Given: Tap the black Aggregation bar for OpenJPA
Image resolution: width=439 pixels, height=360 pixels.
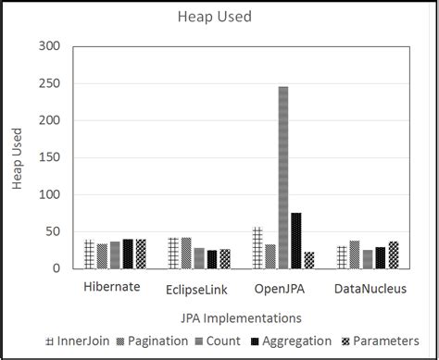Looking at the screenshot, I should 295,241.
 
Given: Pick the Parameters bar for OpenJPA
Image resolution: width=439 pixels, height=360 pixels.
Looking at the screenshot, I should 308,260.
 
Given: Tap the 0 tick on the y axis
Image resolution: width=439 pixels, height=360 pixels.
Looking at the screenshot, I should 56,268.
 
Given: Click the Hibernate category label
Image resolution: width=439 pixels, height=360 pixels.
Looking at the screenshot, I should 112,287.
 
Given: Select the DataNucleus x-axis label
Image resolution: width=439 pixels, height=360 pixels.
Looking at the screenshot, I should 368,289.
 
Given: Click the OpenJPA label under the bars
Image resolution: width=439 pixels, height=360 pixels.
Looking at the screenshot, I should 282,289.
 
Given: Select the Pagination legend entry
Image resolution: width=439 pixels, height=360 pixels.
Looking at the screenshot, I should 152,341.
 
